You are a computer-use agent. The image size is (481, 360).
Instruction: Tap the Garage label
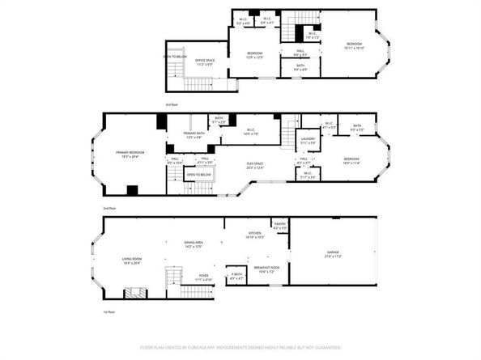point(332,253)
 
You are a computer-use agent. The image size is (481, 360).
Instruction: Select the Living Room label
point(132,260)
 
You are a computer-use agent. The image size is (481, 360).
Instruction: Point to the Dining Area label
point(193,244)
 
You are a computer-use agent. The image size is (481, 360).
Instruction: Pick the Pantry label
point(280,226)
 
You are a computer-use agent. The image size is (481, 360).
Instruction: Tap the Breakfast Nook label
point(266,269)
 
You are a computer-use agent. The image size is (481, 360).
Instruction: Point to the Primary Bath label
point(193,136)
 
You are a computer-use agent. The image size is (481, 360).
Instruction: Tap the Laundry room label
point(307,141)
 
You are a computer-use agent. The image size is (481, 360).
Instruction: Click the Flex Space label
point(255,166)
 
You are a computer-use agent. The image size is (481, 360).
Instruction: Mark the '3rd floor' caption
point(171,105)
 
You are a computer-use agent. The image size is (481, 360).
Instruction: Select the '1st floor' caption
point(109,311)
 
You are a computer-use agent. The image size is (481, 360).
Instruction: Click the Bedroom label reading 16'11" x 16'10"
point(355,45)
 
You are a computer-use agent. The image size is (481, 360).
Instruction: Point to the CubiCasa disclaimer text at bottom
point(240,346)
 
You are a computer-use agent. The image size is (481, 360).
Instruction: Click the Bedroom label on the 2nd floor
point(351,160)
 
